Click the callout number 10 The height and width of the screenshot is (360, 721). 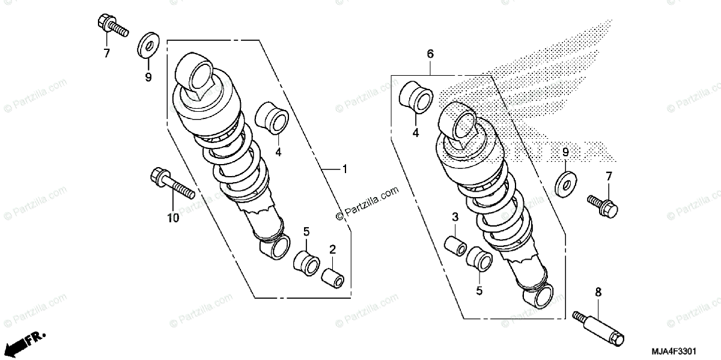(173, 218)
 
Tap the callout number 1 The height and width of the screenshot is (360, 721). (344, 169)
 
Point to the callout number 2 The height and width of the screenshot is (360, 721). (332, 249)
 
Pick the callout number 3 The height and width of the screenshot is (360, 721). (455, 217)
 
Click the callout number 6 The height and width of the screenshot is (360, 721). (430, 54)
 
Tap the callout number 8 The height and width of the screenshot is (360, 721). (598, 293)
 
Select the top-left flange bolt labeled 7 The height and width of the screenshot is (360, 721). (111, 26)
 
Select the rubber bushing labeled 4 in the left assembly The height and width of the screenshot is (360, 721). (272, 117)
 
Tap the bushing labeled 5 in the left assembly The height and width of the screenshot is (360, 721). (305, 263)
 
